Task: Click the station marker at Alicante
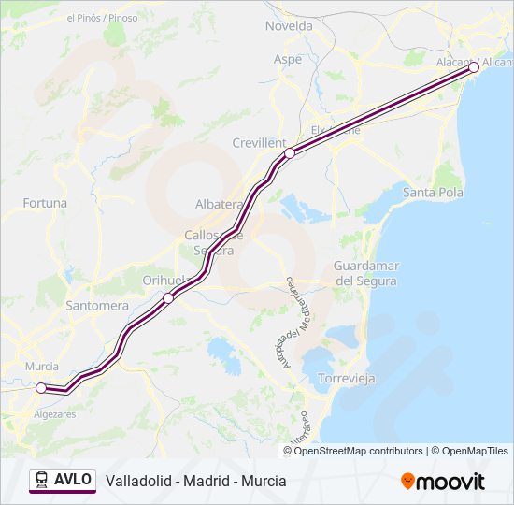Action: pyautogui.click(x=474, y=67)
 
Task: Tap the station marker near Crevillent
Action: pyautogui.click(x=290, y=152)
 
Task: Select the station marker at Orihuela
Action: pyautogui.click(x=168, y=298)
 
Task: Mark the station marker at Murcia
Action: pyautogui.click(x=41, y=387)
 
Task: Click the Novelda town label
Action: pyautogui.click(x=289, y=26)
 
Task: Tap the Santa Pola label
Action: pyautogui.click(x=432, y=193)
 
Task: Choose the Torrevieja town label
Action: pyautogui.click(x=347, y=379)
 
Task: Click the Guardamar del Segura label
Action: pyautogui.click(x=365, y=273)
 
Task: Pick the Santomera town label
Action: pyautogui.click(x=97, y=305)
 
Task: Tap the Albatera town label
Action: pyautogui.click(x=219, y=204)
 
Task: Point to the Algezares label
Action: pyautogui.click(x=54, y=413)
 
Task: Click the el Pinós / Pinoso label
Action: pyautogui.click(x=102, y=18)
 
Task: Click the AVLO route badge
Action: pyautogui.click(x=63, y=480)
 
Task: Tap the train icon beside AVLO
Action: pyautogui.click(x=42, y=480)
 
